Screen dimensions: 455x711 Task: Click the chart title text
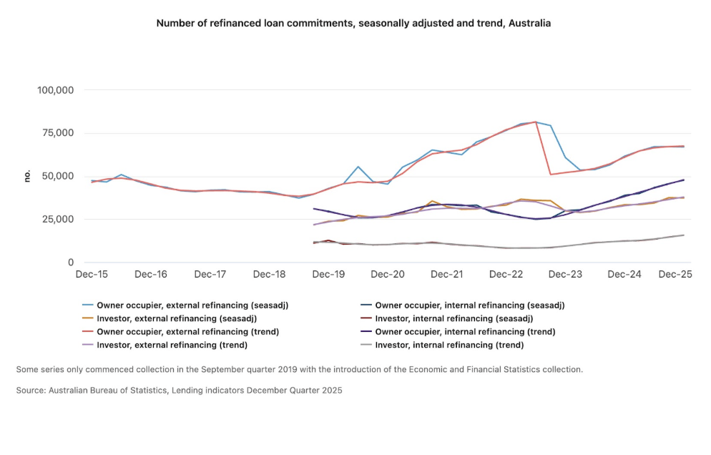coord(353,24)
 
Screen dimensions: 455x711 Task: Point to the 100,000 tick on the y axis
coord(56,90)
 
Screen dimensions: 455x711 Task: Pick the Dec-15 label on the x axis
coord(92,274)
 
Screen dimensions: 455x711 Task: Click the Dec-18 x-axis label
coord(270,274)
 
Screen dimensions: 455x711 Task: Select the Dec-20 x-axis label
coord(388,274)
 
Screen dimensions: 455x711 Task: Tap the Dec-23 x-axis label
coord(566,274)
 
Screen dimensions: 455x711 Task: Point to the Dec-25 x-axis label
coord(675,274)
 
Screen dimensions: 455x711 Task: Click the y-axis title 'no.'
coord(27,176)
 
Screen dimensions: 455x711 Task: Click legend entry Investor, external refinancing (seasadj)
coord(176,318)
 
